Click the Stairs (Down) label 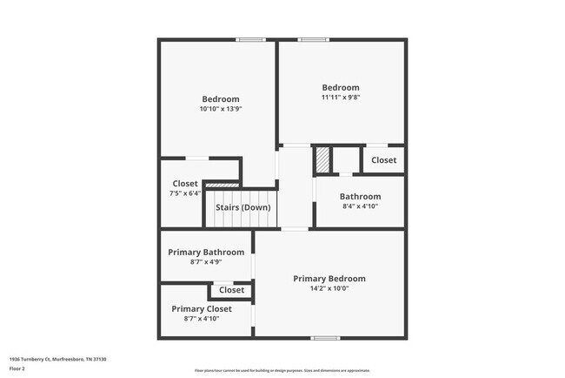pos(243,207)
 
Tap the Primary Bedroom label pos(329,279)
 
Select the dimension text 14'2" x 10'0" pos(329,289)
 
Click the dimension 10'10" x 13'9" pos(220,110)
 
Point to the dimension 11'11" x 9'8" pos(341,98)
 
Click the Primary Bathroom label pos(206,252)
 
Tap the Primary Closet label pos(202,309)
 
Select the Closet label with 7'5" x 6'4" pos(185,184)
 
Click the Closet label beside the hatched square pos(384,160)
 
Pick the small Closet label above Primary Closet pos(231,290)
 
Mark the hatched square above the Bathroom pos(322,160)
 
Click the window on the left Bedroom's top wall pos(251,39)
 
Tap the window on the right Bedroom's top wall pos(313,39)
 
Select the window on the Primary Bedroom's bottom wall pos(325,338)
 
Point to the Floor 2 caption pos(18,368)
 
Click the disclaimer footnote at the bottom pos(282,371)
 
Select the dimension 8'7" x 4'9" pos(206,262)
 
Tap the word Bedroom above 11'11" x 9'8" pos(341,87)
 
